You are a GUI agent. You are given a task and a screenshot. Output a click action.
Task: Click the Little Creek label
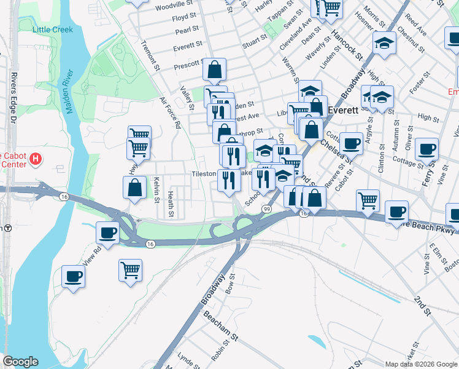click(x=53, y=30)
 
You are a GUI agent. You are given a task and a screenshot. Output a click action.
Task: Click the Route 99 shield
click(x=266, y=209)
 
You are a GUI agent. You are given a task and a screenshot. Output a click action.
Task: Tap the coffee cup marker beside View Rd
click(x=108, y=233)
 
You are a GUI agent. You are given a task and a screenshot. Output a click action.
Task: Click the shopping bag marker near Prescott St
click(x=214, y=69)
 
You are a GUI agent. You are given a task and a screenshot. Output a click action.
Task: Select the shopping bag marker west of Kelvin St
click(x=134, y=188)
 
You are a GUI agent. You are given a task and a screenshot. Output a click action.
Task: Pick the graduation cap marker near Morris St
click(x=384, y=43)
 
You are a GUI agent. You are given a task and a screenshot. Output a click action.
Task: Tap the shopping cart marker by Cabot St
click(x=368, y=200)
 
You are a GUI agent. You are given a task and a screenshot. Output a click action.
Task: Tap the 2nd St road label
click(x=422, y=306)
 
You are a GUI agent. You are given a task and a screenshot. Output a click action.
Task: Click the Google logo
click(x=20, y=362)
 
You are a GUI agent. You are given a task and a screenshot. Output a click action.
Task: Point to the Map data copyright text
click(x=420, y=364)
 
